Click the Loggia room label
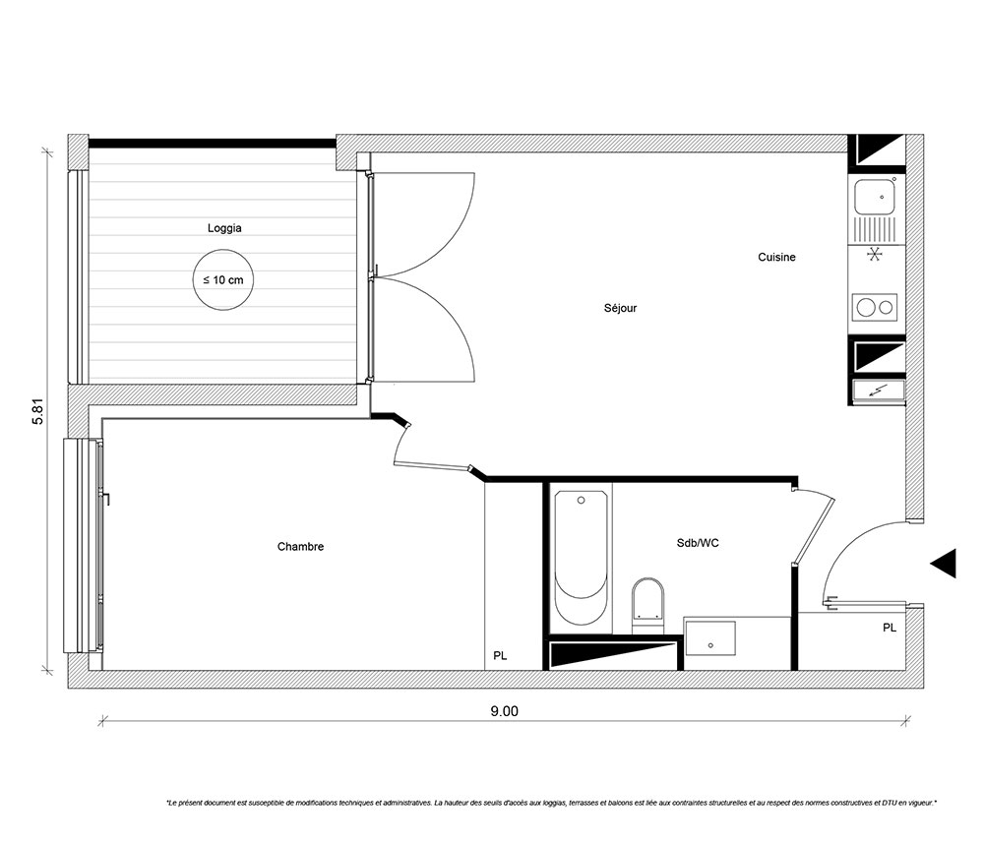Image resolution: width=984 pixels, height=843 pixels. pos(224,228)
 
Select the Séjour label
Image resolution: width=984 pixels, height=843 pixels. pos(620,308)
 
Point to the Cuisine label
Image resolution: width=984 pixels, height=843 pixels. pos(776,257)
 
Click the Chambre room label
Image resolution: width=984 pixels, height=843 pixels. pos(300,547)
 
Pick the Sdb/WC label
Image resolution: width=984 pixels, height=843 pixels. pos(698,543)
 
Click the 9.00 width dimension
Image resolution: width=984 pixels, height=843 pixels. pos(505,711)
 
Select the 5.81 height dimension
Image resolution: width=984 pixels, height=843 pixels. pos(39,412)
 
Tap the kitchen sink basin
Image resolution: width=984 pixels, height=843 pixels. pos(875,197)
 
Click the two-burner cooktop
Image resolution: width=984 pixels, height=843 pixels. pos(875,307)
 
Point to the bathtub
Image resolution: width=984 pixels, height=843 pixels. pos(582,558)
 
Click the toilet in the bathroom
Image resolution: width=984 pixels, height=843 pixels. pos(647,604)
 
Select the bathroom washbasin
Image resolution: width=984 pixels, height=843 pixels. pos(709,637)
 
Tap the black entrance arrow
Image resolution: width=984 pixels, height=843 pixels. pos(944,563)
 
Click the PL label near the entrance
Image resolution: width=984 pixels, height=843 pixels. pos(890,628)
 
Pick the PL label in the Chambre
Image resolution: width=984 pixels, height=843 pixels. pos(500,656)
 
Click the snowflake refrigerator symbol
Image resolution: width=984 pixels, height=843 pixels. pos(875,255)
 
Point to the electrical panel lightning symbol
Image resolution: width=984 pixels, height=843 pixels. pos(879,390)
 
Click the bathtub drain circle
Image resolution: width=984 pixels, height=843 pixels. pos(582,501)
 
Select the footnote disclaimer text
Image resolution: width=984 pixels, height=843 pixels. pos(552,803)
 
